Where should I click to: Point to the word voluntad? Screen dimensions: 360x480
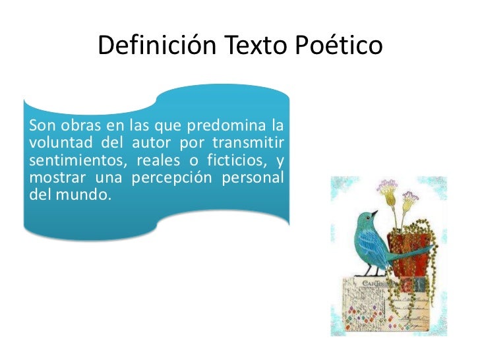tap(60, 143)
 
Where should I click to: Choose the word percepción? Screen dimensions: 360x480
tap(173, 178)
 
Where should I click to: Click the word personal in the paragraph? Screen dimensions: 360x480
tap(256, 178)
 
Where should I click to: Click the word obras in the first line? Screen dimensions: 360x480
tap(75, 126)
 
